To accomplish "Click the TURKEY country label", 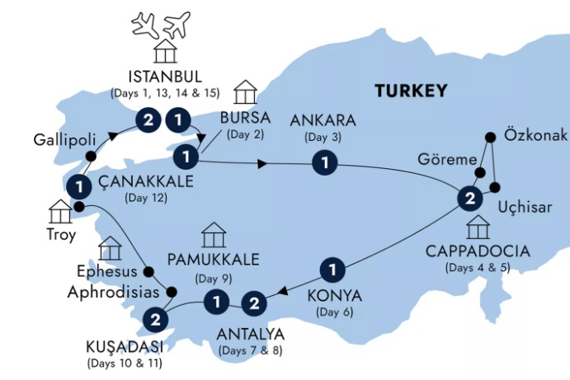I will click(410, 91).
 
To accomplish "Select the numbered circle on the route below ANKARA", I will click(327, 164).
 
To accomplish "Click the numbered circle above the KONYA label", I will click(332, 269).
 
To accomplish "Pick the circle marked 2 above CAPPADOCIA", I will click(469, 198).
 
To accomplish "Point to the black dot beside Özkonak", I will click(492, 136).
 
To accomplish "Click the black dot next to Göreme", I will click(478, 174).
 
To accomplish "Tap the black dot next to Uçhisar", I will click(497, 187).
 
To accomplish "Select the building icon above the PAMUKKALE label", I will click(214, 236).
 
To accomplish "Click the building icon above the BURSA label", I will click(245, 91).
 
